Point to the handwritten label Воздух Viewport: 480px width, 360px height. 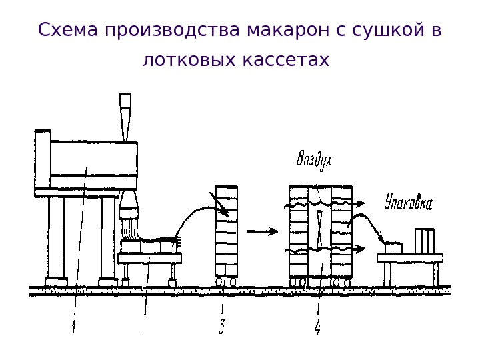(314, 160)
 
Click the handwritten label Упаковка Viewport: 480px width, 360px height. (408, 202)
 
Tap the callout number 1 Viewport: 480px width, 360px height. (74, 327)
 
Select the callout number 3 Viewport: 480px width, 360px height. (221, 327)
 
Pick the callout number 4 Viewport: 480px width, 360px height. (317, 327)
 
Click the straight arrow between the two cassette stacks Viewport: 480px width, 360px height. (262, 231)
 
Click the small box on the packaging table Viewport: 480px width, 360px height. (393, 247)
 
